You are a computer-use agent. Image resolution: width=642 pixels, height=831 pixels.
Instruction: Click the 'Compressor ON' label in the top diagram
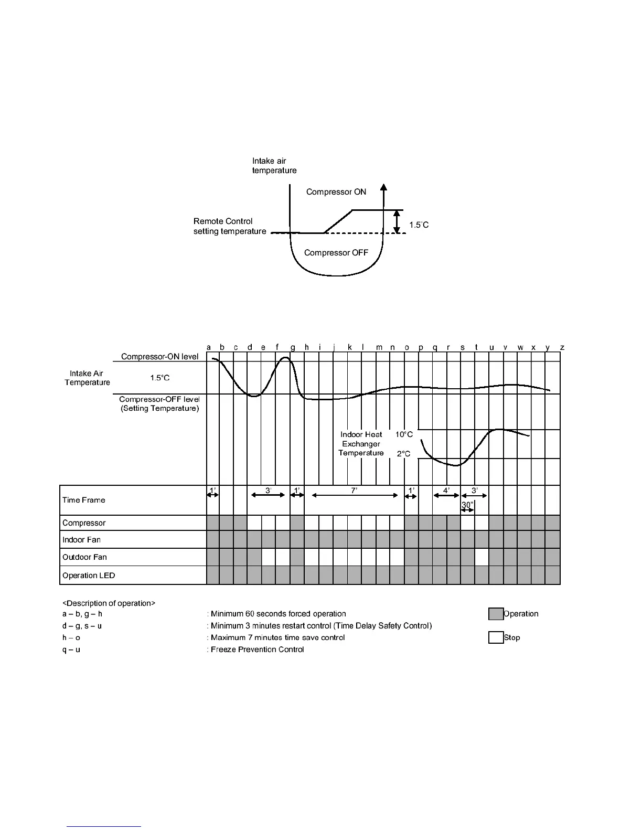point(336,192)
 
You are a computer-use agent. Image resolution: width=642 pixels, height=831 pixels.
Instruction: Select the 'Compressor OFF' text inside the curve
point(336,253)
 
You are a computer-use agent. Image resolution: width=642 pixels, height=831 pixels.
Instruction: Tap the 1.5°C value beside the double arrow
point(419,225)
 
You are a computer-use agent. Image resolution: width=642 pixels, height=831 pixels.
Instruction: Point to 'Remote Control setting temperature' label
point(229,226)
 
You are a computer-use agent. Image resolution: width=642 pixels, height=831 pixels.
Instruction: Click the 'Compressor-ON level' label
point(159,357)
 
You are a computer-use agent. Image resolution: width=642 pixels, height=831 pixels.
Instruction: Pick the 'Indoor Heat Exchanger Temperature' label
point(361,444)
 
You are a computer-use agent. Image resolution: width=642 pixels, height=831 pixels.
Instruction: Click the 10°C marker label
point(404,434)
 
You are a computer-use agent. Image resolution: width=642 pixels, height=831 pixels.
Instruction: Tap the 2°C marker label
point(403,454)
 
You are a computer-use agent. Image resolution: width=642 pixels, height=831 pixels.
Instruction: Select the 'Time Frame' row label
point(83,500)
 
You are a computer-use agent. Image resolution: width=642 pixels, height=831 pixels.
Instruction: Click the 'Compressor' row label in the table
point(84,523)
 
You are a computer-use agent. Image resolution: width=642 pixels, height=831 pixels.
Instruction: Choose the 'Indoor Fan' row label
point(81,540)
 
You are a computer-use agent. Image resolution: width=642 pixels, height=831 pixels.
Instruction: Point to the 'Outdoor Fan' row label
point(84,557)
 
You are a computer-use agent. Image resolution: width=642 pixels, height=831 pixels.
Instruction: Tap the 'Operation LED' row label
point(89,576)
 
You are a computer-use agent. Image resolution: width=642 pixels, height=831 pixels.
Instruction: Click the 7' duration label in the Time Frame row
point(354,490)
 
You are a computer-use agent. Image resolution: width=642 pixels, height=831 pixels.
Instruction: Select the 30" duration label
point(467,505)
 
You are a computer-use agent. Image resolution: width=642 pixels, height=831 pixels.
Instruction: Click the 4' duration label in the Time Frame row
point(446,490)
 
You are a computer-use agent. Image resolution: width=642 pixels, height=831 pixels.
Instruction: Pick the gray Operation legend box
point(496,614)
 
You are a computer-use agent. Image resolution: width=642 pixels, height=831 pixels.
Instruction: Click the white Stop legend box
point(496,637)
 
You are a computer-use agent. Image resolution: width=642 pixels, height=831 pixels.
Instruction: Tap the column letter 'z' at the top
point(562,347)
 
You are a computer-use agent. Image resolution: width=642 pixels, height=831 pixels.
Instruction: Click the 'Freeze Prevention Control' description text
point(257,649)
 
